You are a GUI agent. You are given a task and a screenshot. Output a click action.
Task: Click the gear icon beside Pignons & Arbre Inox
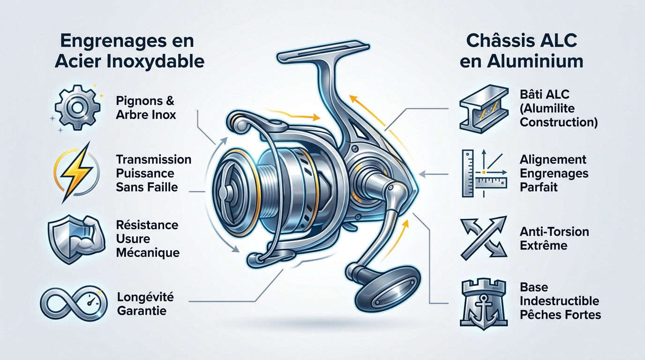pyautogui.click(x=75, y=107)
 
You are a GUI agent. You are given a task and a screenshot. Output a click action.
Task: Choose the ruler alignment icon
pyautogui.click(x=482, y=173)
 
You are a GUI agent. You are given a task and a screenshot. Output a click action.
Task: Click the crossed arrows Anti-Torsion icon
pyautogui.click(x=483, y=237)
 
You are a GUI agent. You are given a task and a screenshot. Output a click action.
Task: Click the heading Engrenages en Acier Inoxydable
pyautogui.click(x=129, y=51)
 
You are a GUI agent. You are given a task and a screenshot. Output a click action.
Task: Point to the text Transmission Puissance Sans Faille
pyautogui.click(x=153, y=173)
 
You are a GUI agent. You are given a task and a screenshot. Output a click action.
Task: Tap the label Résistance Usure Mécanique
pyautogui.click(x=147, y=239)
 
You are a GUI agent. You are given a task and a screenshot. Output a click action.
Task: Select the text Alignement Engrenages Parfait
pyautogui.click(x=554, y=173)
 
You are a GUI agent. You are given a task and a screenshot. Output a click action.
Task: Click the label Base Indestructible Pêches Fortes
pyautogui.click(x=560, y=300)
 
